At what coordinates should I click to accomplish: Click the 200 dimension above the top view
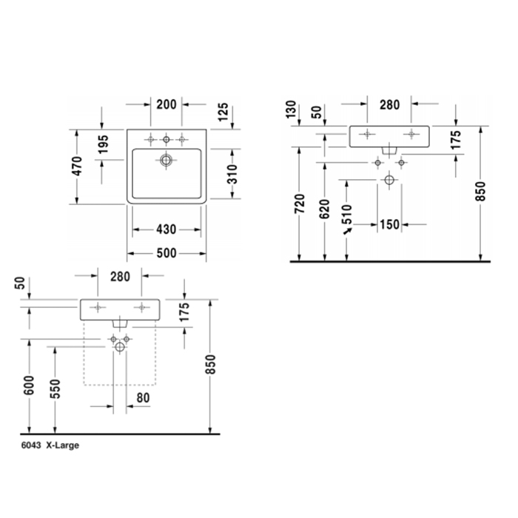tap(166, 105)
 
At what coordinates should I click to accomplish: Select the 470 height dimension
tap(77, 166)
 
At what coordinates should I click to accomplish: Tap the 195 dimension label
tap(103, 144)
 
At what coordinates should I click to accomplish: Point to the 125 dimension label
tap(223, 112)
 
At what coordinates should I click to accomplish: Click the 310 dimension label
tap(232, 174)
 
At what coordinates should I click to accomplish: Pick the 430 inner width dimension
tap(166, 229)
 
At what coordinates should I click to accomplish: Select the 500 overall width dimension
tap(166, 253)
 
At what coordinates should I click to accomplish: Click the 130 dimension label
tap(291, 110)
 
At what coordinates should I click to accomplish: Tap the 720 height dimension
tap(300, 203)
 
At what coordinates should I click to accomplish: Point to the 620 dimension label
tap(325, 209)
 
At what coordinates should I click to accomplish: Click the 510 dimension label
tap(347, 214)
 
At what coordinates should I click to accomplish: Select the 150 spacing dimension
tap(390, 225)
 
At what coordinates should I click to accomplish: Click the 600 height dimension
tap(29, 386)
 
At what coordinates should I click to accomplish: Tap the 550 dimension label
tap(55, 388)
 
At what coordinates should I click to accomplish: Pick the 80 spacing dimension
tap(143, 398)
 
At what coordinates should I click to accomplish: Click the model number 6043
tap(31, 445)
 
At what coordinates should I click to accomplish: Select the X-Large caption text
tap(63, 445)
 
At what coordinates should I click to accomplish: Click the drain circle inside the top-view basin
tap(166, 161)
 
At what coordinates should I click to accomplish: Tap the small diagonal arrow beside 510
tap(348, 231)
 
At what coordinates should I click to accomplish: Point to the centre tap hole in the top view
tap(166, 140)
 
